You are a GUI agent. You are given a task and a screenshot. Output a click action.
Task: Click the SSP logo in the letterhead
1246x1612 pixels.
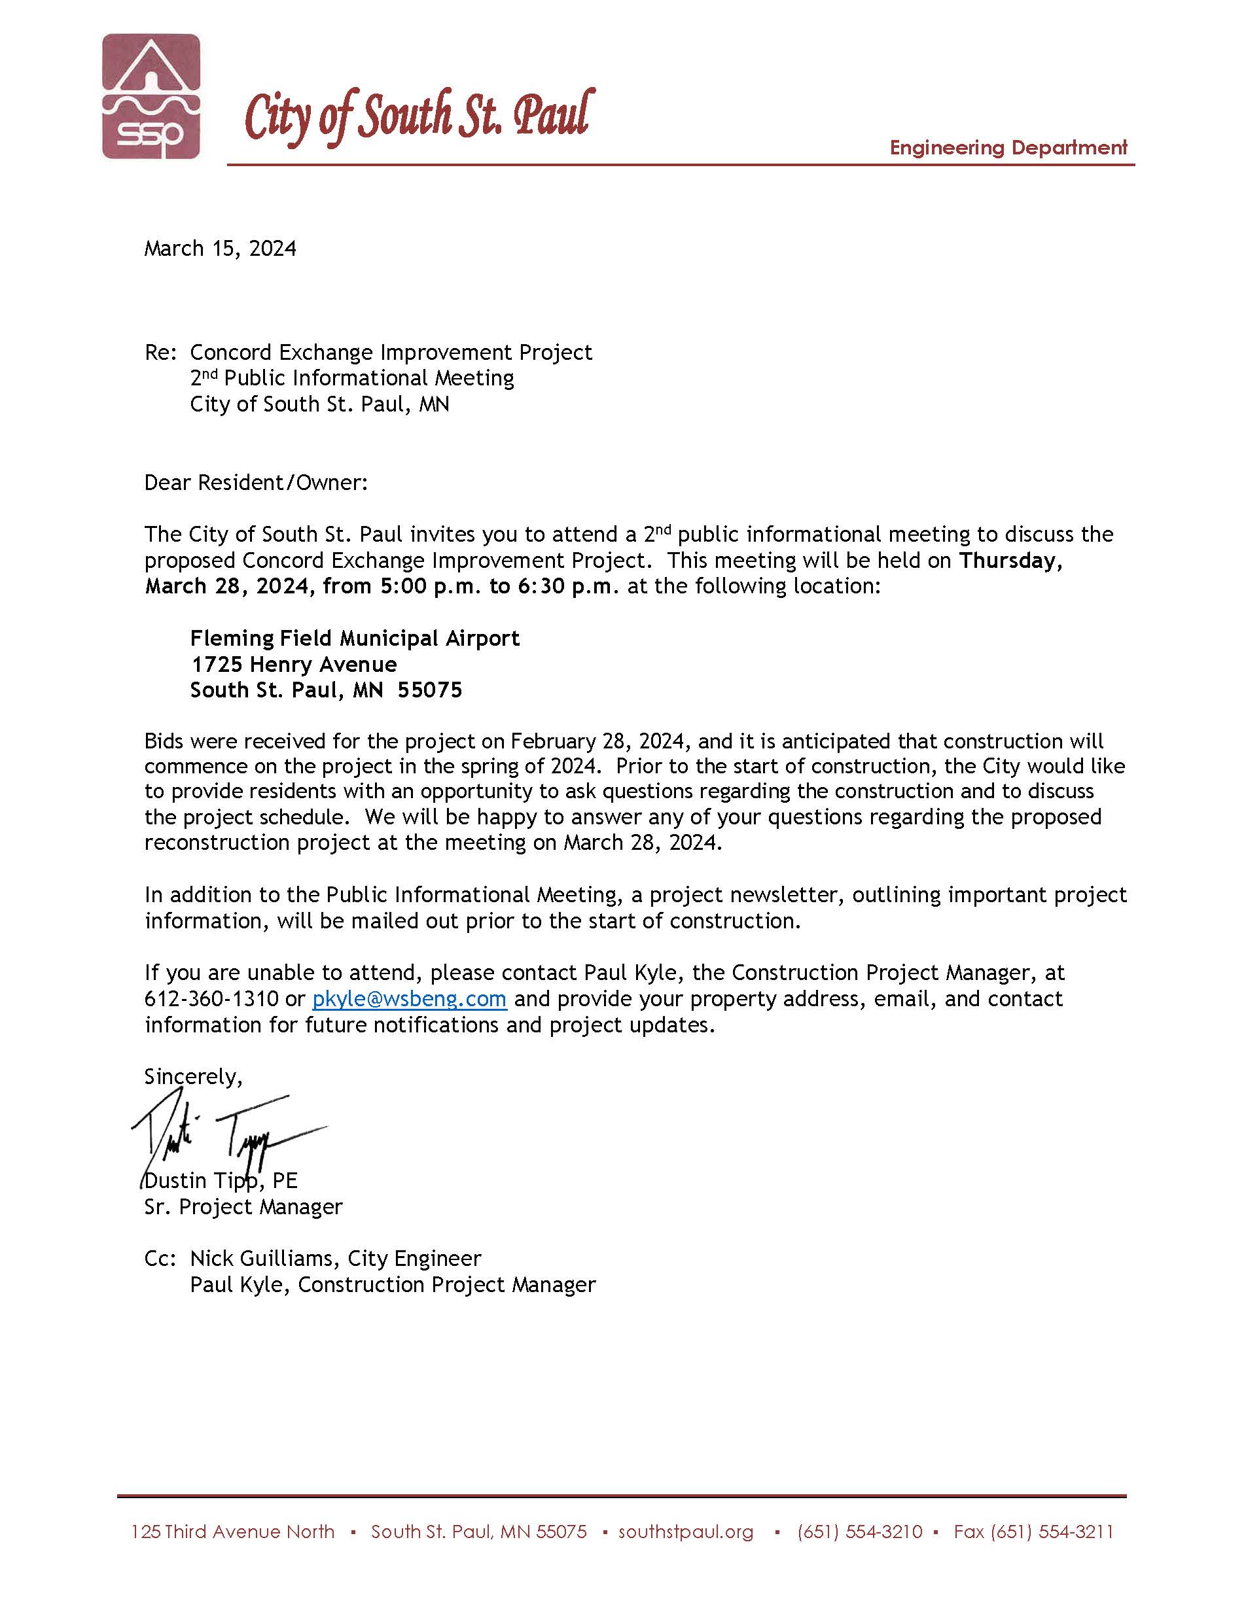(x=151, y=96)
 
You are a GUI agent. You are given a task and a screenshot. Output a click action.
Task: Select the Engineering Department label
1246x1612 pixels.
(x=1008, y=148)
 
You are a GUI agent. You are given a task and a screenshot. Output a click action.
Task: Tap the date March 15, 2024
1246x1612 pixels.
(x=220, y=249)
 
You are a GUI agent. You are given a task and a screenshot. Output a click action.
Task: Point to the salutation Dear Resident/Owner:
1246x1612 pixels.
(x=255, y=483)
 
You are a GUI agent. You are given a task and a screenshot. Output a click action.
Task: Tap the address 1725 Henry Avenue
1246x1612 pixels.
(x=294, y=664)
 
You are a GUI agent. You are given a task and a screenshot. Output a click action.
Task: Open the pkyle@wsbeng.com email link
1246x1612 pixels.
(x=409, y=1000)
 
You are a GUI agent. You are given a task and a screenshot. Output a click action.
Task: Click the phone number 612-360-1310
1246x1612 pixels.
(x=211, y=1000)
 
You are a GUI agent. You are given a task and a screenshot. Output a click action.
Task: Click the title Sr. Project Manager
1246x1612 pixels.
(x=243, y=1207)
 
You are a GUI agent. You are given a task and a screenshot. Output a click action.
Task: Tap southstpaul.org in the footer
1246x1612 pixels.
(x=686, y=1532)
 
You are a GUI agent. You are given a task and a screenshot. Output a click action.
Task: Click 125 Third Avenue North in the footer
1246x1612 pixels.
(x=232, y=1532)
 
